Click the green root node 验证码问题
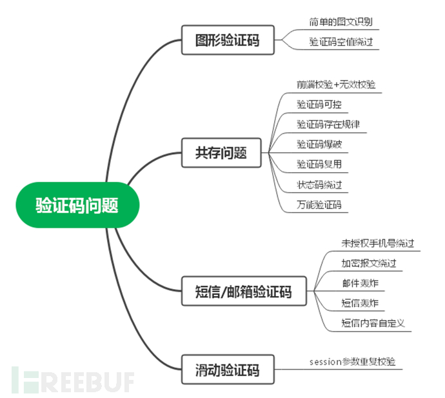click(77, 205)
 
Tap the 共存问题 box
click(221, 154)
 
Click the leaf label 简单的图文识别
click(340, 21)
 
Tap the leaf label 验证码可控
click(319, 104)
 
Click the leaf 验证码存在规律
click(328, 124)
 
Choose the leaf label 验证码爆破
click(319, 144)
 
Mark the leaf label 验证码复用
click(319, 164)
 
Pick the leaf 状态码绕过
click(319, 184)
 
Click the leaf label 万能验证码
click(319, 205)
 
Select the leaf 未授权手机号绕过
click(377, 243)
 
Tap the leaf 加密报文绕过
click(368, 263)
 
